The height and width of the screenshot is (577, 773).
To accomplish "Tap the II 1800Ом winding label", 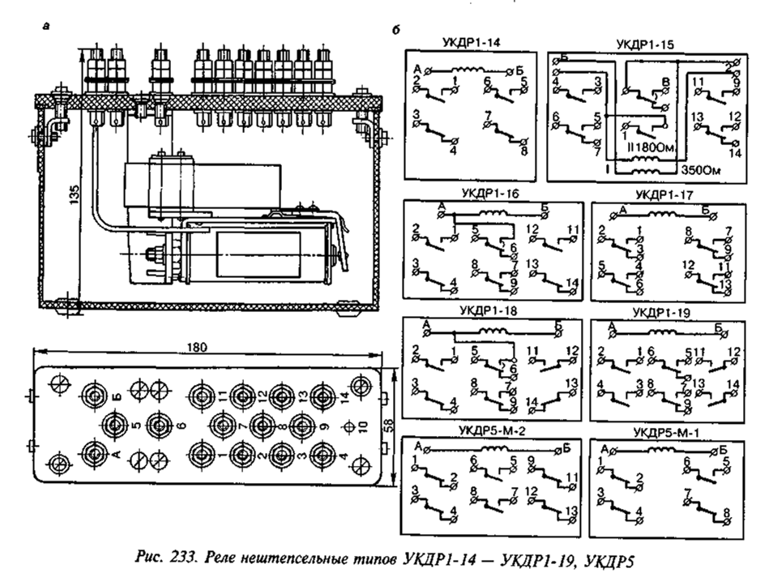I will (x=647, y=146).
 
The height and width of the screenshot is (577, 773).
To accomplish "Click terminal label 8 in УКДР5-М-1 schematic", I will (x=725, y=512).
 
